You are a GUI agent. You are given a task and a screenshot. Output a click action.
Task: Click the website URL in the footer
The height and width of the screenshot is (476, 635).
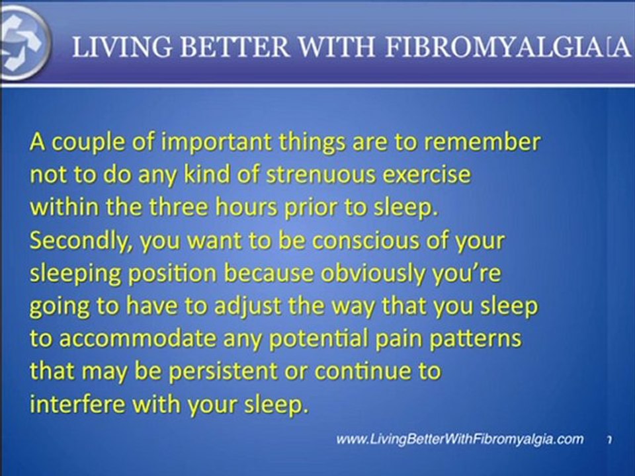coord(460,439)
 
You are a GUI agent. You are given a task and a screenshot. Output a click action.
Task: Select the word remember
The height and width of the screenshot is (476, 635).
coord(484,143)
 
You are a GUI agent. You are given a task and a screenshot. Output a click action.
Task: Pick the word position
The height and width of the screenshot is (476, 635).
coord(162,274)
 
